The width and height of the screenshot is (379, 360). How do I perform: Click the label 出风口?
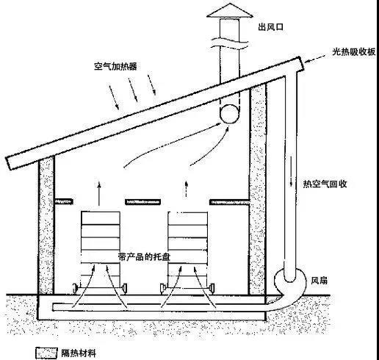[x=271, y=26]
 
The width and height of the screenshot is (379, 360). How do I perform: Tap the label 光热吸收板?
[x=354, y=51]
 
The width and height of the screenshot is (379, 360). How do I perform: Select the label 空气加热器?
[x=115, y=66]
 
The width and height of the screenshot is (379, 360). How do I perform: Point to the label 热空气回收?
[x=325, y=184]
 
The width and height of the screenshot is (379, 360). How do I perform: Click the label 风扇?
[x=320, y=281]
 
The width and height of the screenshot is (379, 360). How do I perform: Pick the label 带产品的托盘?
[x=144, y=256]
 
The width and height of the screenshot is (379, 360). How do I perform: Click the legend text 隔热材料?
[x=79, y=353]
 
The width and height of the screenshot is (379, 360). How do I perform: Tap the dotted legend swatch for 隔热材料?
[x=46, y=353]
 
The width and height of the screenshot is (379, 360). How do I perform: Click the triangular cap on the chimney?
[x=230, y=10]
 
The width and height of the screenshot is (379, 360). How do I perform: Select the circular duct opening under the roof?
[x=229, y=114]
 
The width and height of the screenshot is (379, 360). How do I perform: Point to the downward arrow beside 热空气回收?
[x=292, y=170]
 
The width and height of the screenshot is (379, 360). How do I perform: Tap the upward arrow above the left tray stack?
[x=99, y=193]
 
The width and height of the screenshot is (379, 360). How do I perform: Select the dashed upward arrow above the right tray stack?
[x=187, y=190]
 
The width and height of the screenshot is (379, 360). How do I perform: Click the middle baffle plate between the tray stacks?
[x=143, y=202]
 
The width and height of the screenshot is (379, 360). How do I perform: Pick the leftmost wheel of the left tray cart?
[x=75, y=287]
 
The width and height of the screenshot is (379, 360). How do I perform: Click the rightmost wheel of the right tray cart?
[x=212, y=288]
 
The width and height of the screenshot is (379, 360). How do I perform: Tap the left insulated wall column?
[x=46, y=226]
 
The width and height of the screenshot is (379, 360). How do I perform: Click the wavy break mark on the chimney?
[x=230, y=43]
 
